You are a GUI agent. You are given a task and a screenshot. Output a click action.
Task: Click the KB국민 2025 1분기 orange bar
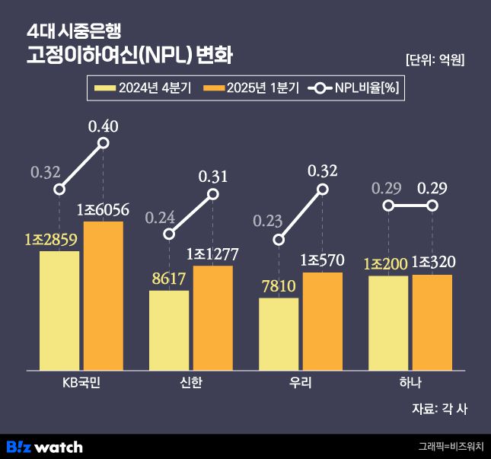[104, 295]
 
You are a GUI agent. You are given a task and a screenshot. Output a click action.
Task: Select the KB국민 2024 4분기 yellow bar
[59, 311]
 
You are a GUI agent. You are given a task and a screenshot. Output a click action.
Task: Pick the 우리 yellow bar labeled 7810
[279, 333]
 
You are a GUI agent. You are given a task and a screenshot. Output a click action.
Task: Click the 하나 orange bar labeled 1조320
[432, 322]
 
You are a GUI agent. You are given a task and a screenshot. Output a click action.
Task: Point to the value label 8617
[169, 279]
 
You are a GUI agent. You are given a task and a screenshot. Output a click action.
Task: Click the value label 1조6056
[104, 209]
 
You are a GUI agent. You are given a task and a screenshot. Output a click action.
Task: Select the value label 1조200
[387, 263]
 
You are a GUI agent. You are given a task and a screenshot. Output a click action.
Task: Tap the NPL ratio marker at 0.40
[104, 143]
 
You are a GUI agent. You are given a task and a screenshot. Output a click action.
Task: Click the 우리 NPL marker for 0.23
[279, 241]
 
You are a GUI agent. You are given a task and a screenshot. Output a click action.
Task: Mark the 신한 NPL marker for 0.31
[213, 194]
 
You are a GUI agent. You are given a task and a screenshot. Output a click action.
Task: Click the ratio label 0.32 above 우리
[323, 171]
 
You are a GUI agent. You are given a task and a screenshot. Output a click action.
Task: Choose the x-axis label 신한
[191, 382]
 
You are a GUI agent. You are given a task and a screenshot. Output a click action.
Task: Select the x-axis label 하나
[410, 382]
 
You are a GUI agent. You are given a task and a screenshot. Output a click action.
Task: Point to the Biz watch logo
[44, 446]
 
